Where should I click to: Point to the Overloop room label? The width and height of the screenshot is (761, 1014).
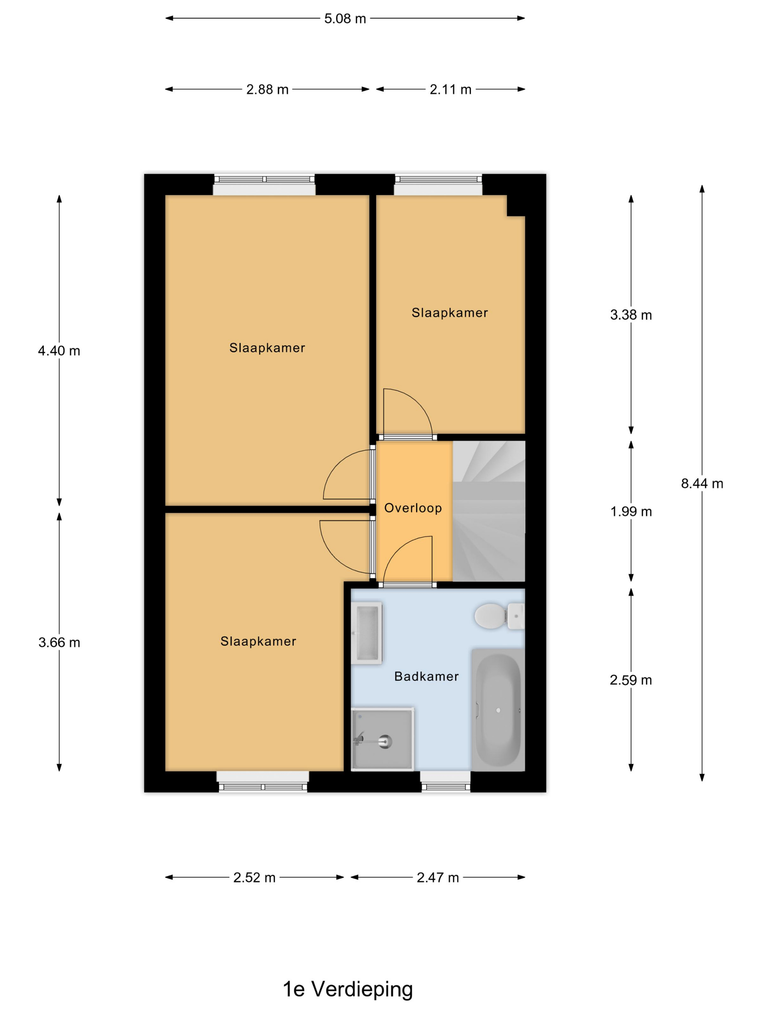413,508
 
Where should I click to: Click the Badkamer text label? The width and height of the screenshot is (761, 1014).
426,676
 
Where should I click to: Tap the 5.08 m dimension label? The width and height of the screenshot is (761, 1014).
345,19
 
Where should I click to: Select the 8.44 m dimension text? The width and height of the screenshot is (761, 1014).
702,483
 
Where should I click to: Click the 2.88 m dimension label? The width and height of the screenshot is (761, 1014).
267,89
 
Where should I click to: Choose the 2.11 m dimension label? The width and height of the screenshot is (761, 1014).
450,89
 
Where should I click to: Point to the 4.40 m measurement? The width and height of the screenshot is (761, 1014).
59,351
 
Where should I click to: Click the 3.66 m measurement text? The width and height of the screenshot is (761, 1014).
59,642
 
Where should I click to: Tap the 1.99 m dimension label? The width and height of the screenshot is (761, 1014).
631,512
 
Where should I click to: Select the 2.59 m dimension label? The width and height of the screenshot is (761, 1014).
631,680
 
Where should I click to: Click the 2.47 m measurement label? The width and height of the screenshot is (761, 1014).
438,877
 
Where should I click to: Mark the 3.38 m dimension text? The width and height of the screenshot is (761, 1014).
631,315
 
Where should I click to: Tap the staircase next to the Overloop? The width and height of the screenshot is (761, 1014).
489,511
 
